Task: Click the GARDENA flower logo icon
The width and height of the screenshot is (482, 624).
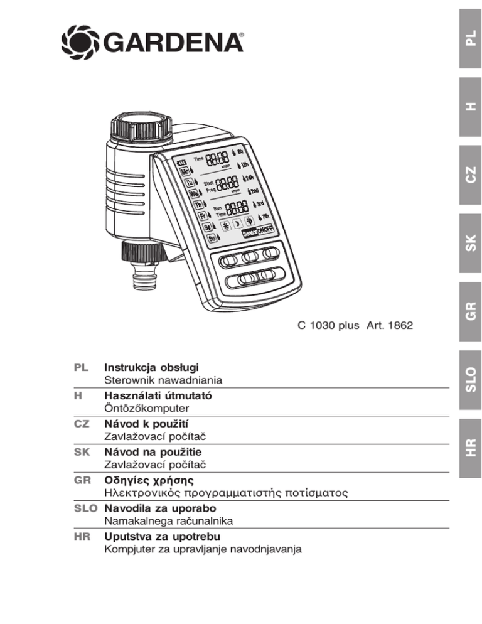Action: click(x=77, y=42)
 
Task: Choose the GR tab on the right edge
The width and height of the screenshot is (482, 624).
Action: click(x=469, y=309)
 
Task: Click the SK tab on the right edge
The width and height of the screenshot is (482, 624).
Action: click(x=469, y=242)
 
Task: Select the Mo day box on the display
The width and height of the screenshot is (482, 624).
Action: click(x=185, y=170)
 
